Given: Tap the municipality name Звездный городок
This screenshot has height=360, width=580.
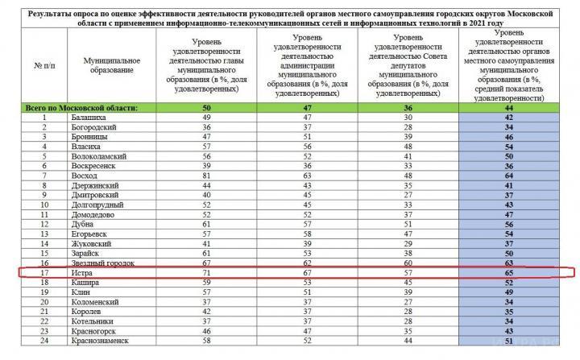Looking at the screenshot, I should (101, 263).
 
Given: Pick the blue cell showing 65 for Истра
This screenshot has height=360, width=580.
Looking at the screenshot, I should (508, 274).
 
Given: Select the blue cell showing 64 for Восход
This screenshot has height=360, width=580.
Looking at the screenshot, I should (508, 174).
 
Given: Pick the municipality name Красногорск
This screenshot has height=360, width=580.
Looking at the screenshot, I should (97, 330).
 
